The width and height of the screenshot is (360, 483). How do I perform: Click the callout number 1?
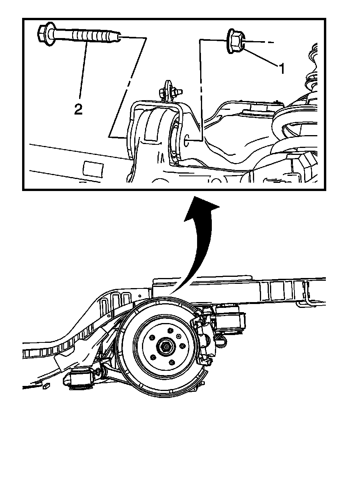click(282, 69)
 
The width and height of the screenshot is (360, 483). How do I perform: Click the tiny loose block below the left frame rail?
click(45, 386)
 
